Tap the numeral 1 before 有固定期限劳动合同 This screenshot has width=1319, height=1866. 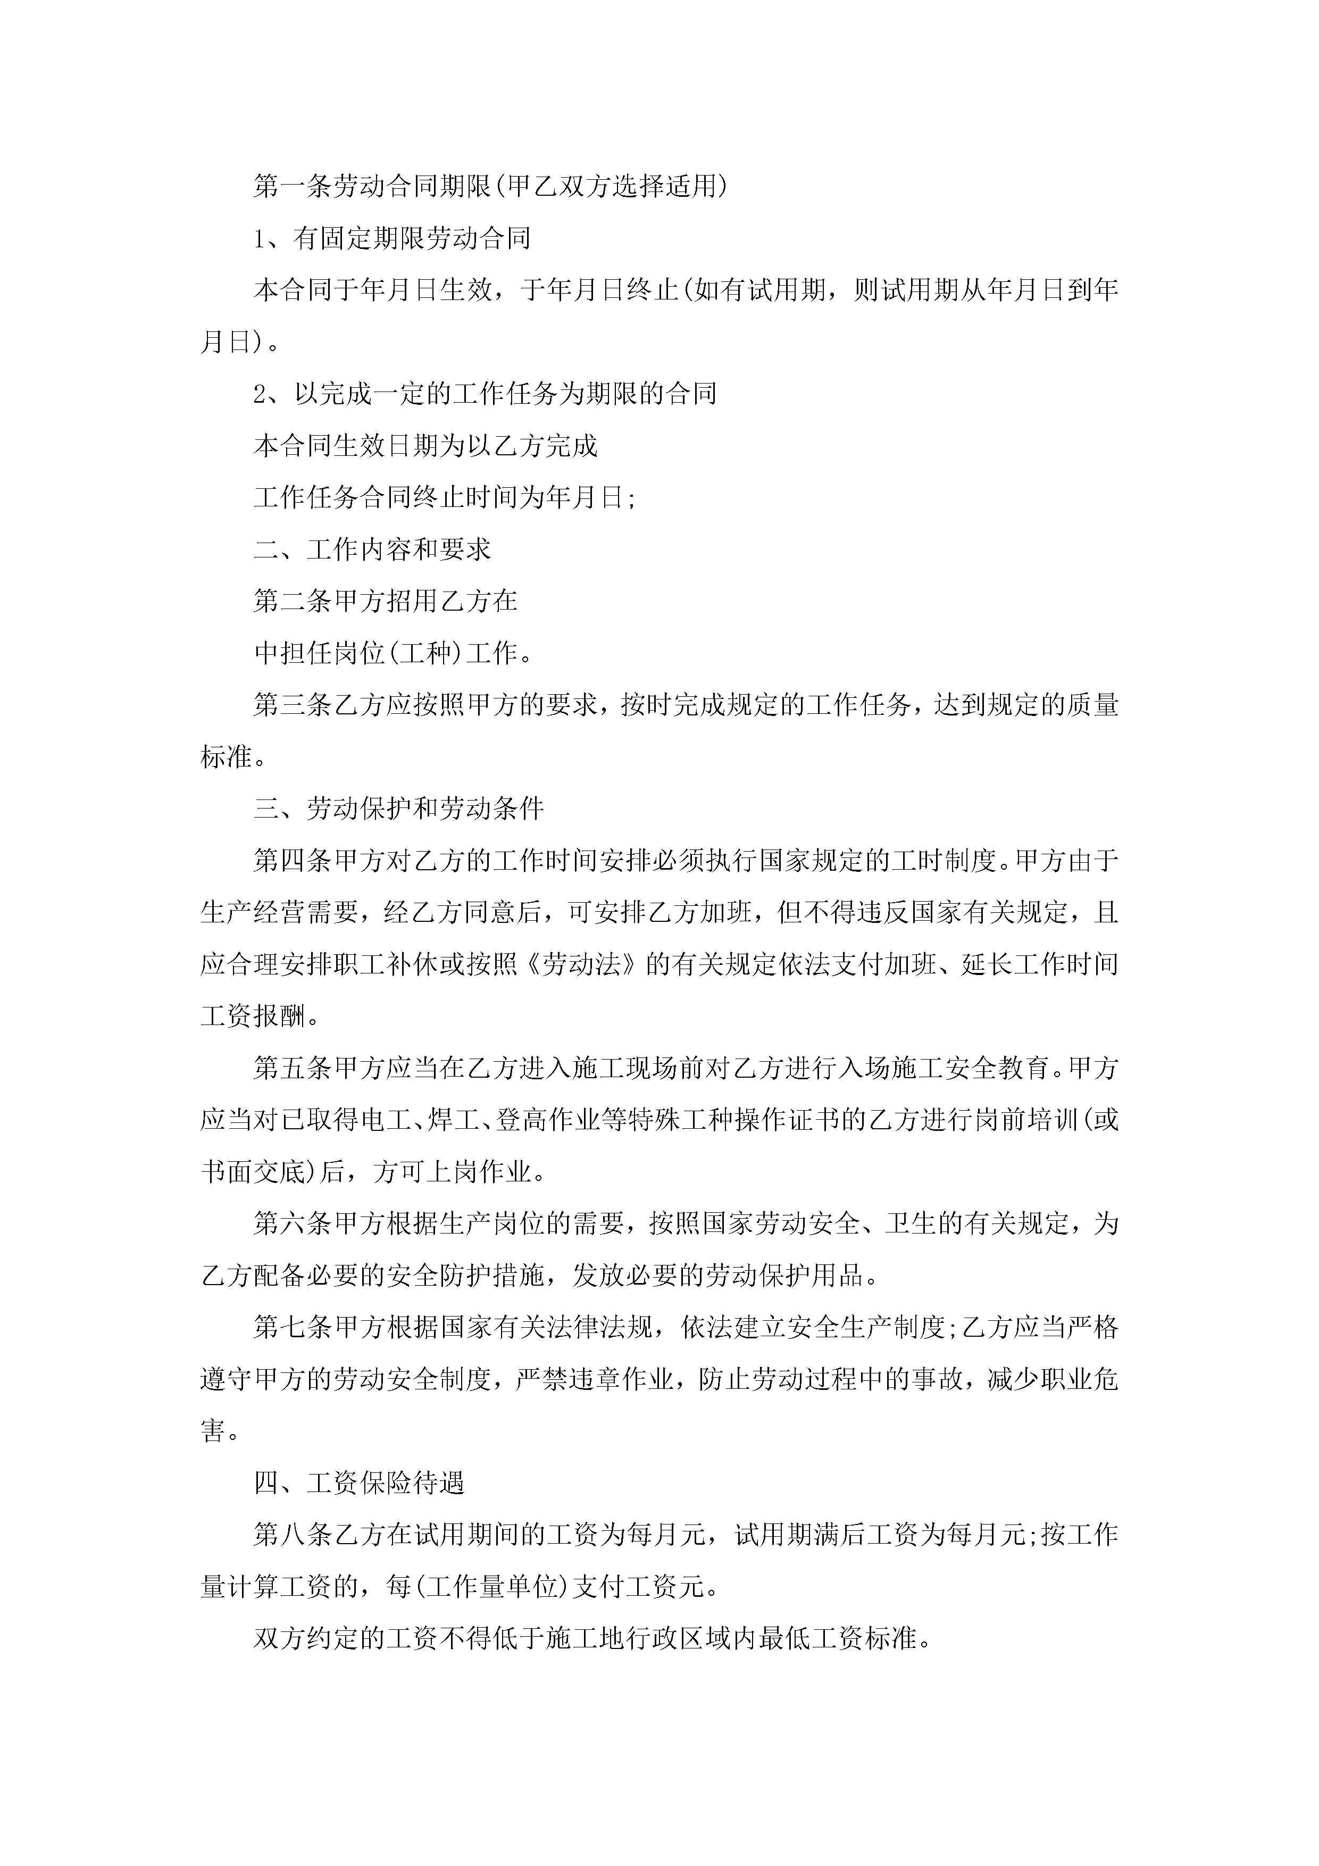(260, 239)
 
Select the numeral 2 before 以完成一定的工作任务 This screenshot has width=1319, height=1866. (260, 394)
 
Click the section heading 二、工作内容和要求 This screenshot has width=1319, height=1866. (372, 549)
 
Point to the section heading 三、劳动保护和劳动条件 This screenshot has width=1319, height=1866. (398, 809)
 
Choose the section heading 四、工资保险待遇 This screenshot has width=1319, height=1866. (359, 1483)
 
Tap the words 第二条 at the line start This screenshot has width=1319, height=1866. (293, 602)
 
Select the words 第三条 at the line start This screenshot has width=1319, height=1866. (293, 705)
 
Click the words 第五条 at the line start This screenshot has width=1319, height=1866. (293, 1068)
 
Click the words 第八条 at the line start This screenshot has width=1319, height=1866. (293, 1535)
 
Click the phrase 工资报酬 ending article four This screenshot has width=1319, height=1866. (253, 1016)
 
